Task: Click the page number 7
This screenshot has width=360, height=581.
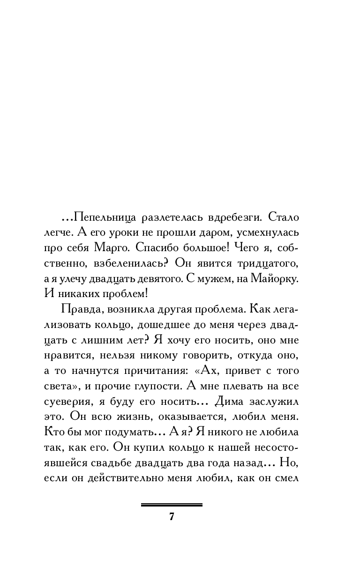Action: (x=172, y=517)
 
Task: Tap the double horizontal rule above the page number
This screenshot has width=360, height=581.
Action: (x=172, y=505)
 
